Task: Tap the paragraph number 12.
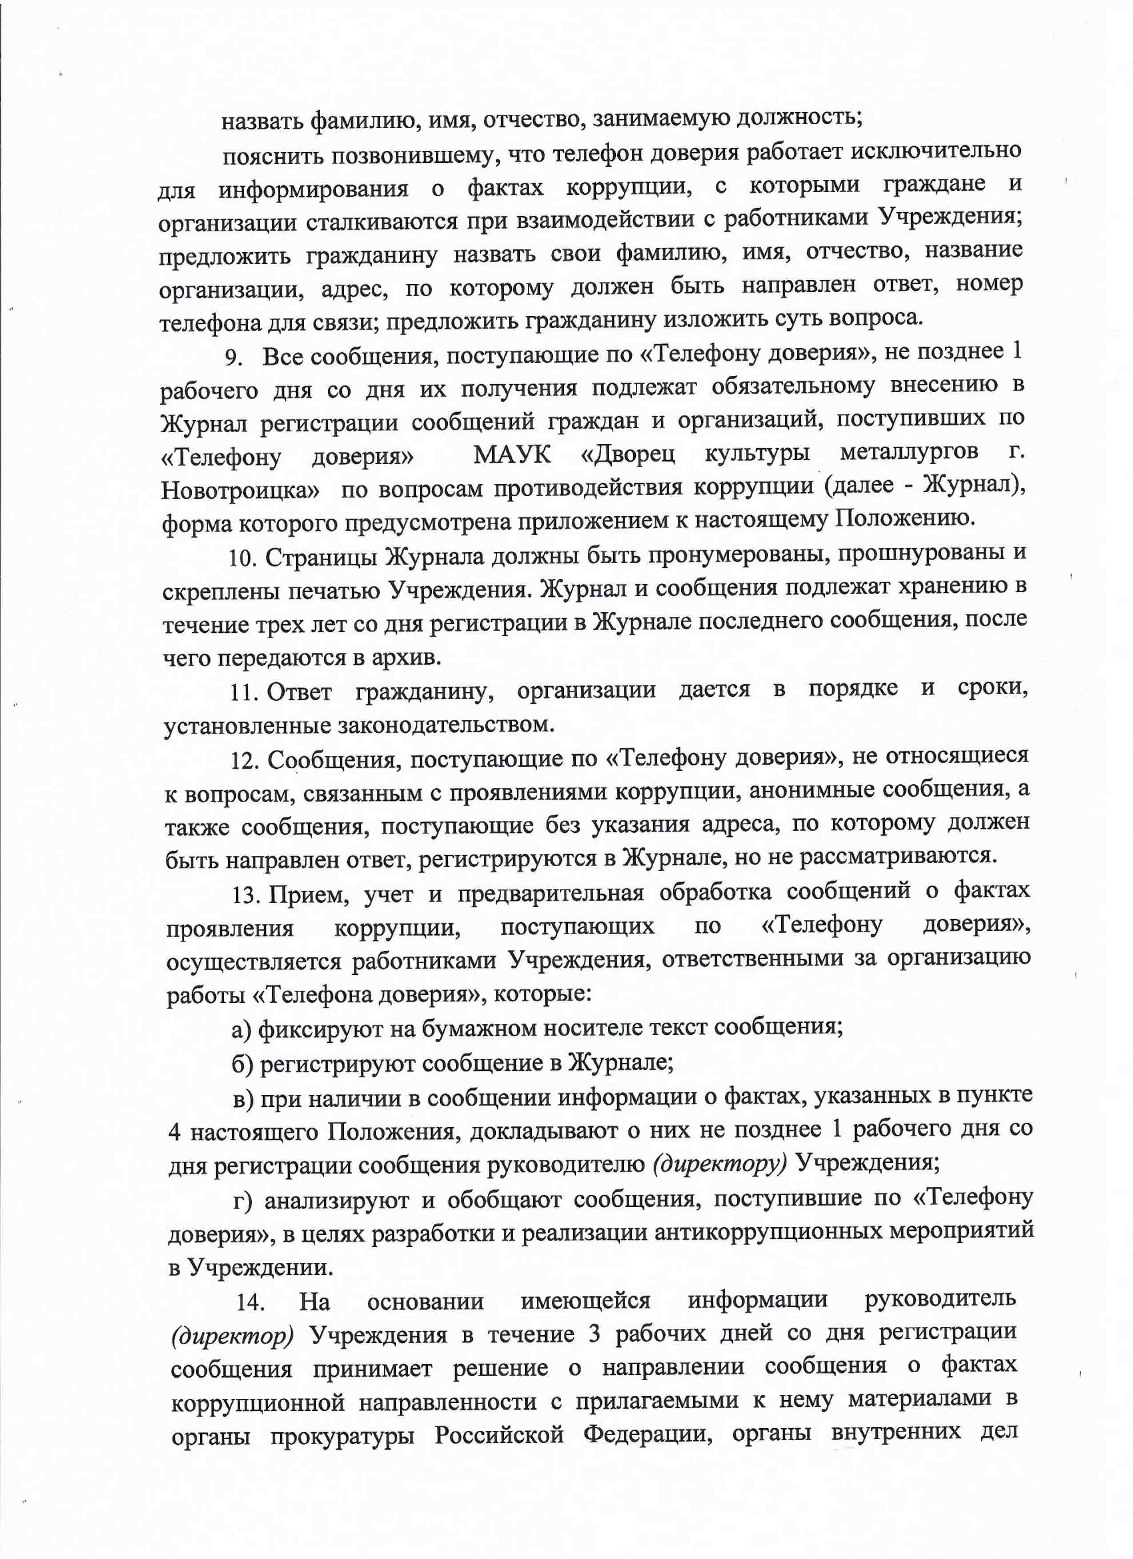click(244, 761)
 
